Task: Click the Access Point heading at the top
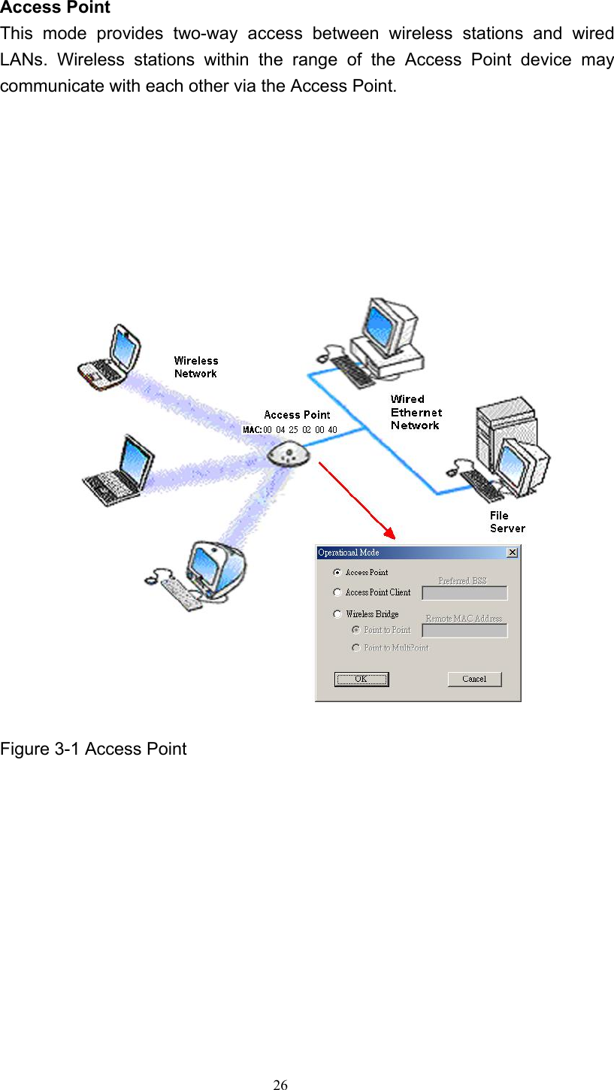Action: pos(55,8)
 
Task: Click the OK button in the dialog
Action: pos(361,679)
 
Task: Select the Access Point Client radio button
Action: pos(338,592)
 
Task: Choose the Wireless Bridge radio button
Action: pos(338,614)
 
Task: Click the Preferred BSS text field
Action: pos(464,593)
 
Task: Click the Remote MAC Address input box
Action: pos(464,631)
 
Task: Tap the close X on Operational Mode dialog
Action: pos(512,553)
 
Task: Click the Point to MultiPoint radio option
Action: pos(356,647)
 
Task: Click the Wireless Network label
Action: pos(196,367)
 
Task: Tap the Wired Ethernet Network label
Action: pos(416,412)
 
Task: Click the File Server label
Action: pos(507,522)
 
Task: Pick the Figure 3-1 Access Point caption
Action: pos(93,749)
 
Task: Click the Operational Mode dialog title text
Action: pos(349,553)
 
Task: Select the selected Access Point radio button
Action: pos(338,572)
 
